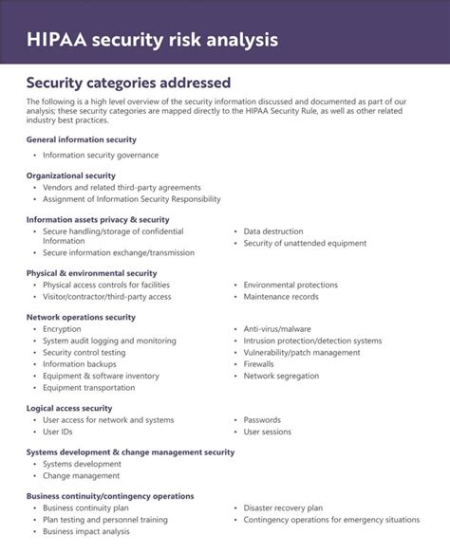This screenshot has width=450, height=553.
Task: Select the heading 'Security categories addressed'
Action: tap(127, 83)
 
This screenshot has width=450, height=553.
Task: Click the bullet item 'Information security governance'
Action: tap(101, 155)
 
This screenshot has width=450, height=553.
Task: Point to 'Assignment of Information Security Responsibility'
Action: tap(131, 199)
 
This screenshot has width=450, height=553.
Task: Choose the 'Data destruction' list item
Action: tap(272, 231)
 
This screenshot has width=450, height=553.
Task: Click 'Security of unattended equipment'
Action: tap(305, 243)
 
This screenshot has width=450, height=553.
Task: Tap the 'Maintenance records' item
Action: tap(281, 296)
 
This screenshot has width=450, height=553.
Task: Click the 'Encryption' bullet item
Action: tap(62, 329)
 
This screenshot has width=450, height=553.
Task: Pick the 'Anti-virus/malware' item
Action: tap(277, 329)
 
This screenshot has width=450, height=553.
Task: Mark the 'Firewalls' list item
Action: tap(258, 363)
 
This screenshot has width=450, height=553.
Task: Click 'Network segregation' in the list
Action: tap(281, 376)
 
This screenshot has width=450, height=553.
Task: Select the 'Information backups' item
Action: tap(80, 363)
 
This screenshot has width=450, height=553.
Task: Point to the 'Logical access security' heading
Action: tap(76, 408)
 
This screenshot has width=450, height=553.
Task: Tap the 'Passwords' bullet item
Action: tap(262, 419)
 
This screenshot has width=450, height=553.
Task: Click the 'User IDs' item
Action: tap(58, 432)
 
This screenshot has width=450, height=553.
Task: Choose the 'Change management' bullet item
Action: tap(82, 475)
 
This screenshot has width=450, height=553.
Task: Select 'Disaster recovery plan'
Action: tap(283, 507)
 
